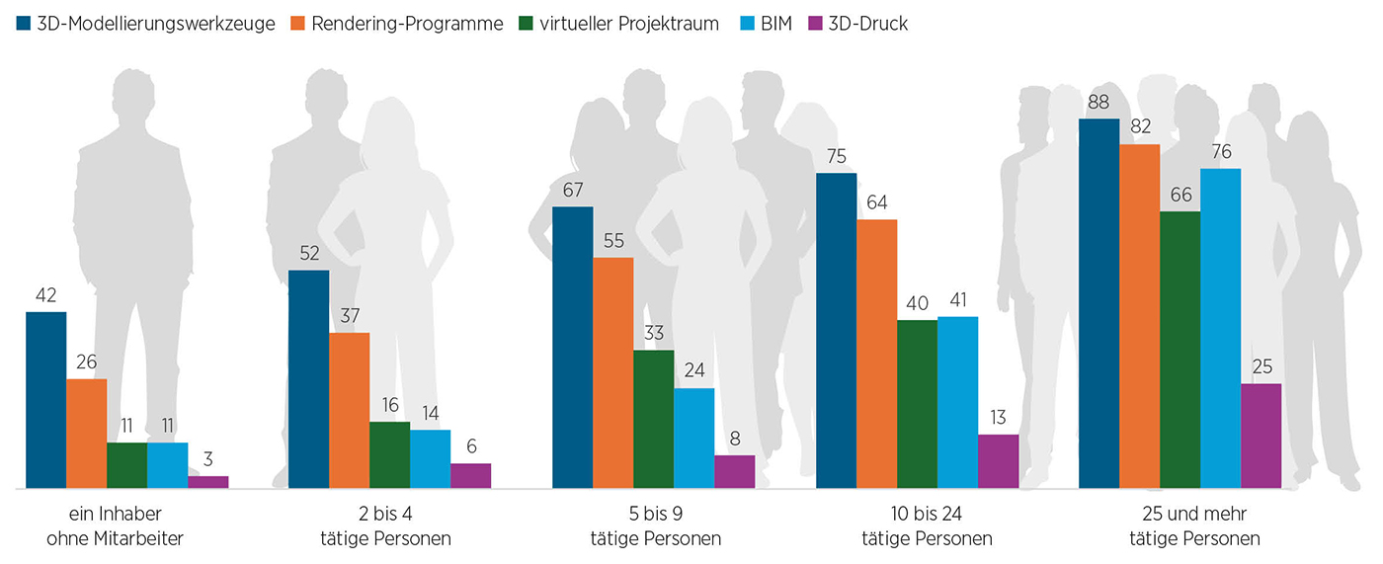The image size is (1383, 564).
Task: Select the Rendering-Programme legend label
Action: tap(408, 24)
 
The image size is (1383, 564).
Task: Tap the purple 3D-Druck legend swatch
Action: tap(816, 24)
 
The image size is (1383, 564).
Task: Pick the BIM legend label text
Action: tap(775, 24)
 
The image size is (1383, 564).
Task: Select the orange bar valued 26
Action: tap(87, 434)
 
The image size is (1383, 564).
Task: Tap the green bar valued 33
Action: tap(654, 420)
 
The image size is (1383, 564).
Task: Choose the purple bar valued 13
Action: tap(998, 461)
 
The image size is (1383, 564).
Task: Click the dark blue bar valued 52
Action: tap(308, 379)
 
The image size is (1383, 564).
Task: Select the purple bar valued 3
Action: tap(207, 482)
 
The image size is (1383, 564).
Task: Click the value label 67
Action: tap(572, 189)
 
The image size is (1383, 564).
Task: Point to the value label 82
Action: tap(1139, 126)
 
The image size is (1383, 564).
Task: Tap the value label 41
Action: tap(957, 299)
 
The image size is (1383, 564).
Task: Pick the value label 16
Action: tap(389, 404)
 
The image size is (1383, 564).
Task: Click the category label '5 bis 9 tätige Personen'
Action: tap(655, 526)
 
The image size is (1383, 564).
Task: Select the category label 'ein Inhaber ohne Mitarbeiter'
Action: tap(116, 526)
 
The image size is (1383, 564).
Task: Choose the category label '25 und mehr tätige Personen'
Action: tap(1194, 526)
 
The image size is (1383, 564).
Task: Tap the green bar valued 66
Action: tap(1180, 350)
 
